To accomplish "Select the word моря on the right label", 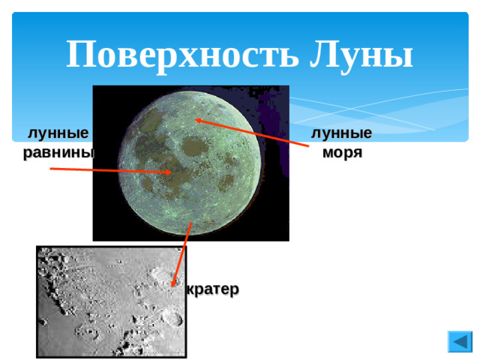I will point(343,152).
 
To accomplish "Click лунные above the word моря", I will point(343,133).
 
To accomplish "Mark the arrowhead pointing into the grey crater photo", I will point(176,283).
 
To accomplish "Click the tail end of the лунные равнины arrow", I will point(51,169).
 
